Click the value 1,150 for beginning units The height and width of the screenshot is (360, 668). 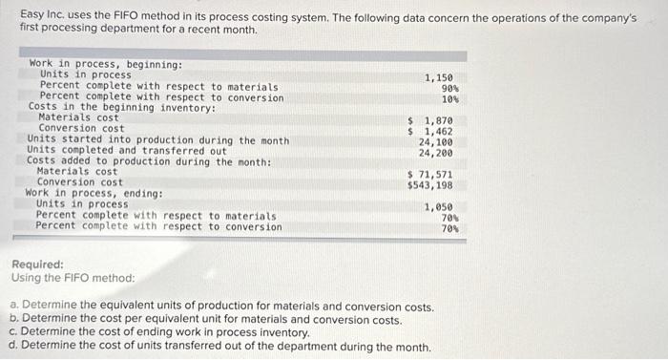(439, 75)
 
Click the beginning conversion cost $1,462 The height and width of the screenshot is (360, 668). (430, 131)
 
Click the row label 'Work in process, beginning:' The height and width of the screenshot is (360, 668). (106, 65)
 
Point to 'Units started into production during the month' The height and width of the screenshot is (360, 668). (158, 140)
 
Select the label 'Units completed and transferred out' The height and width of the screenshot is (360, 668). (127, 151)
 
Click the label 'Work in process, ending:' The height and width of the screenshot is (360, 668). (94, 194)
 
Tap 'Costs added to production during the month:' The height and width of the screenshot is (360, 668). (149, 161)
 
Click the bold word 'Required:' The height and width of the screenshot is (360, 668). (37, 265)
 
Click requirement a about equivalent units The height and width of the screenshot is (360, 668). (221, 307)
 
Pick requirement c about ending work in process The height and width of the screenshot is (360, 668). (159, 333)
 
